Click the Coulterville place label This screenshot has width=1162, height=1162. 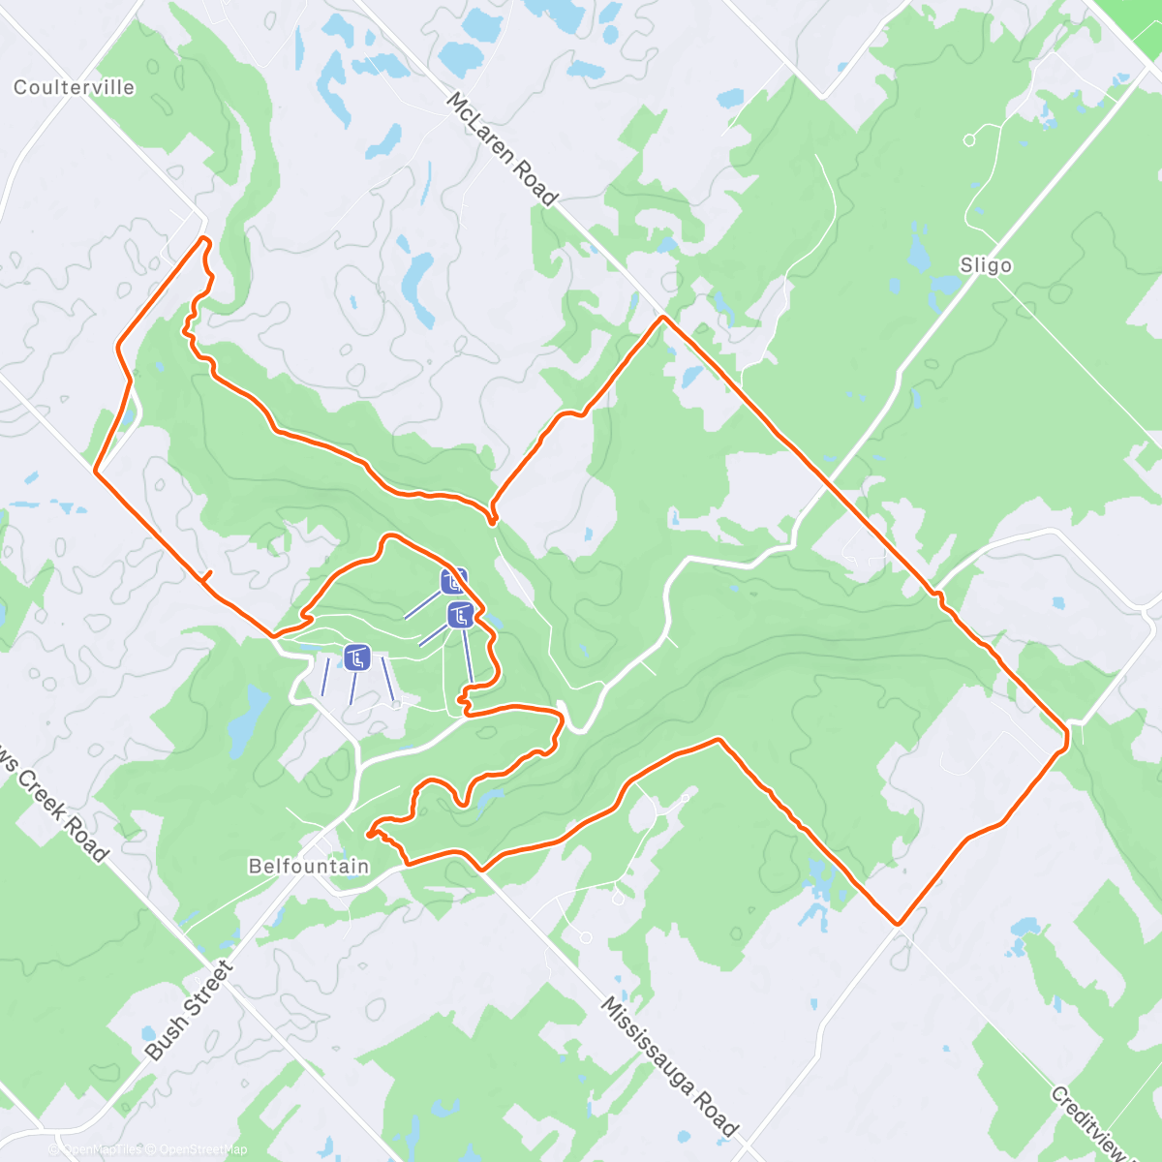[x=74, y=87]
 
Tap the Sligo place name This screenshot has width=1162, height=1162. [x=986, y=265]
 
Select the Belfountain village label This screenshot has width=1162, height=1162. [x=309, y=866]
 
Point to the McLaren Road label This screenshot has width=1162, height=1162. [x=503, y=149]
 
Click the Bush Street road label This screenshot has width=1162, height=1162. [x=189, y=1010]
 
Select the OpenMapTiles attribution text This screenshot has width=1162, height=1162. [x=102, y=1149]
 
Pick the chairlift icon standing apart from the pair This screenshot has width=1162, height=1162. [x=357, y=657]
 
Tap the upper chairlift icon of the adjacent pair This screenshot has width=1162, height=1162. [x=453, y=581]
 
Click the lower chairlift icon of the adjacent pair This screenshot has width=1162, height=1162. [x=461, y=615]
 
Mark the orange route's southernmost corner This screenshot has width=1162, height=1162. [x=898, y=923]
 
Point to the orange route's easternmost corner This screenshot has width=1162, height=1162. [x=1067, y=731]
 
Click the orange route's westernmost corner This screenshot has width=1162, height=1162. [x=95, y=471]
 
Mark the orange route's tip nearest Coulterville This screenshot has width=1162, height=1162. [x=203, y=237]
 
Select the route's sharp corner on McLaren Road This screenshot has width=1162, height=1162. [x=663, y=317]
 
